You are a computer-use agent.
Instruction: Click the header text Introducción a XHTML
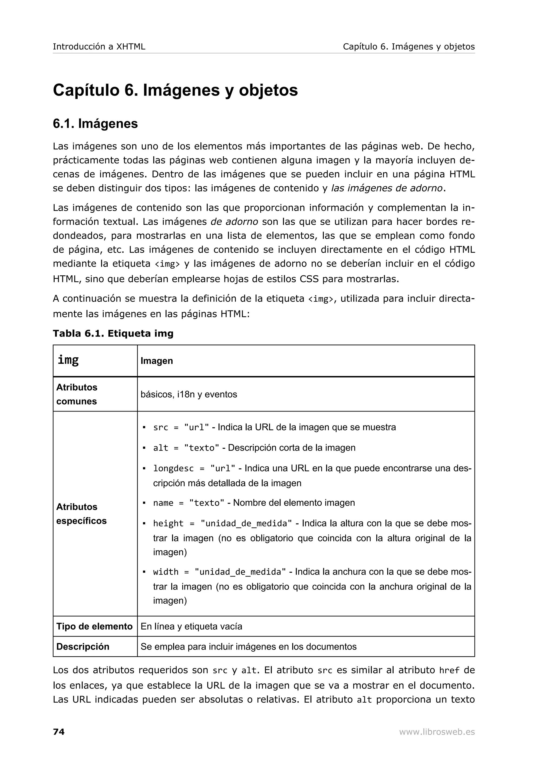point(99,47)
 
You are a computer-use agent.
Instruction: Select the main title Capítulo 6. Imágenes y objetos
point(175,90)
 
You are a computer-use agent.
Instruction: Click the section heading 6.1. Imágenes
point(95,124)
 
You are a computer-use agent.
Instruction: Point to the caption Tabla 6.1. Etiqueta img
point(113,333)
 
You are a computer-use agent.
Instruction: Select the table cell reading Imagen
point(157,361)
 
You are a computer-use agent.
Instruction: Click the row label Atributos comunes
point(77,394)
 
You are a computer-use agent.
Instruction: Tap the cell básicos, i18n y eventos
point(189,394)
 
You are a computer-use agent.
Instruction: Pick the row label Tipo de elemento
point(94,626)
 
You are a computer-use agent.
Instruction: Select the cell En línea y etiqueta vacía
point(191,626)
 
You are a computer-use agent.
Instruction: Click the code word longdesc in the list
point(173,469)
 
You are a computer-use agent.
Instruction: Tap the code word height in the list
point(168,523)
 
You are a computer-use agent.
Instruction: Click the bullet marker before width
point(144,572)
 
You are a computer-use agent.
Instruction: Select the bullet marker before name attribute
point(144,503)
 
